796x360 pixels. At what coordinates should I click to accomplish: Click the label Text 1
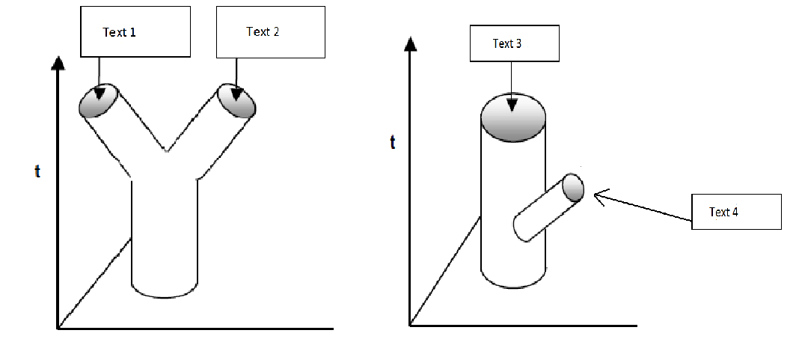click(120, 33)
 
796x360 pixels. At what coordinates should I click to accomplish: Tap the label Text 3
click(507, 43)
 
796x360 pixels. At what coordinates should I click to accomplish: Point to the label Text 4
click(723, 212)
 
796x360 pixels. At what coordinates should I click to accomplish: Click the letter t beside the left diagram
click(37, 171)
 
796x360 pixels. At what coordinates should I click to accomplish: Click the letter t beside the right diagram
click(393, 143)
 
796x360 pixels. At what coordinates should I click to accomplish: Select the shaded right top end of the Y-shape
click(236, 101)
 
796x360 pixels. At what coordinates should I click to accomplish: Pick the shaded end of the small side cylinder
click(573, 187)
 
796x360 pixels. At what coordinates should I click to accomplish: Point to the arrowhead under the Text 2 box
click(236, 94)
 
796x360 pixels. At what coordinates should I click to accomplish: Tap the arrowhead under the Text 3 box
click(512, 104)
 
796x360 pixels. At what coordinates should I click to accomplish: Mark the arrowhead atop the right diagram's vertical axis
click(410, 44)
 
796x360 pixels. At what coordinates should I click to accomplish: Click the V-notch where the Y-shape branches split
click(166, 152)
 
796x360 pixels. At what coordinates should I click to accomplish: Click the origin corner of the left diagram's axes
click(58, 328)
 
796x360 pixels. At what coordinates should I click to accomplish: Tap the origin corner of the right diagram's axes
click(410, 325)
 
